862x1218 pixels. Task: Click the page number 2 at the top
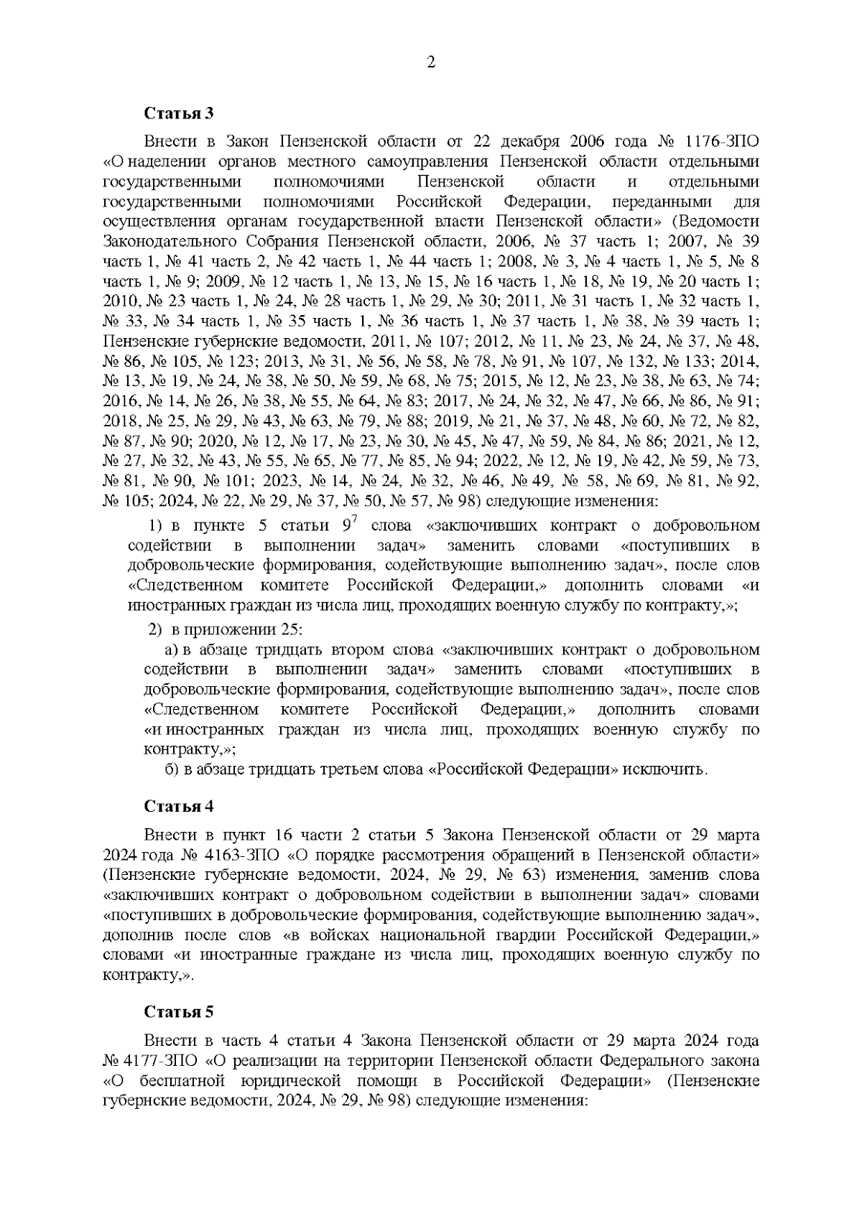(431, 62)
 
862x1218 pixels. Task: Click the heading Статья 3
(179, 113)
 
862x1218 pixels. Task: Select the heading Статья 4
(179, 805)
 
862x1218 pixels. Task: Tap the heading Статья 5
(179, 1012)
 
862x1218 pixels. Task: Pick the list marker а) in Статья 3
(172, 650)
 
